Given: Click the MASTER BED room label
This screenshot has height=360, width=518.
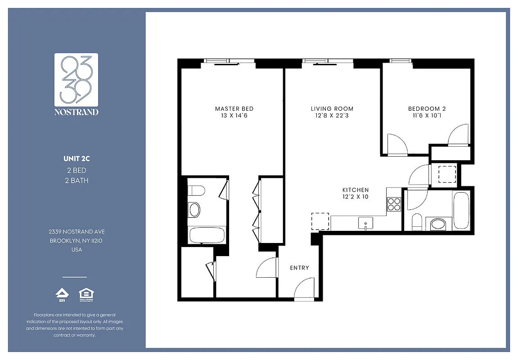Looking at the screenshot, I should (x=234, y=108).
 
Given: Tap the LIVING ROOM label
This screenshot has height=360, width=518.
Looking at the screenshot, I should (x=332, y=108).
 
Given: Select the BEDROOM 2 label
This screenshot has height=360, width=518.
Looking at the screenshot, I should (x=427, y=108).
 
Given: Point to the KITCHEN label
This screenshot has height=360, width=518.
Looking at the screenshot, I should (x=356, y=190).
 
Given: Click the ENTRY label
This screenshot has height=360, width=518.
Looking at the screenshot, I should (x=299, y=268).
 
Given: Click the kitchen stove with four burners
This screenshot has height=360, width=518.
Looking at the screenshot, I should (x=394, y=204).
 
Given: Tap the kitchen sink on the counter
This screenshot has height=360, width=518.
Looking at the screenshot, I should (x=365, y=223).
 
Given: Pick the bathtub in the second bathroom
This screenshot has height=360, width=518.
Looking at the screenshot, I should (x=461, y=210).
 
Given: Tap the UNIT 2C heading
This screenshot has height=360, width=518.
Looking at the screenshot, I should (x=76, y=158).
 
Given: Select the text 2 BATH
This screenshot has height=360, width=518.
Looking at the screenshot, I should (x=76, y=180).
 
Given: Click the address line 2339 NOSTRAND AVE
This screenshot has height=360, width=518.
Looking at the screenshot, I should (x=77, y=231).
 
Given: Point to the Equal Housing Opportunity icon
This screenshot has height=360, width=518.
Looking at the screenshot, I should (x=86, y=295).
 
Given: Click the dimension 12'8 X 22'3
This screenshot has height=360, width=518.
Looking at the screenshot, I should (x=332, y=116).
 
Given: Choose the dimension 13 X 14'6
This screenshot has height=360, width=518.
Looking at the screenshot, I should (x=234, y=116).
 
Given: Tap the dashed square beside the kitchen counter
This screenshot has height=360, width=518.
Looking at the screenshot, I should (x=320, y=221).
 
